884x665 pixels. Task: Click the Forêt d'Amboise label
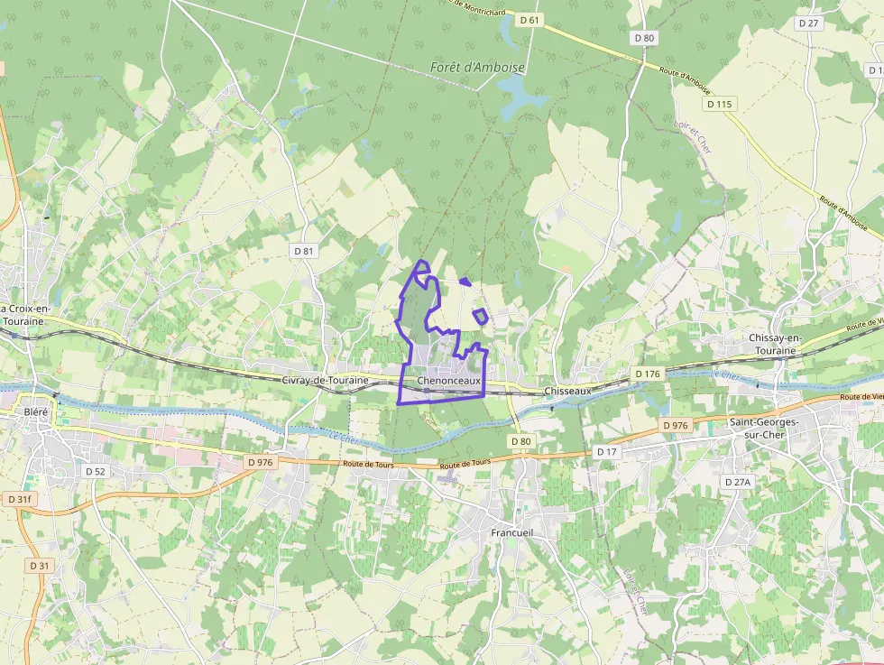[x=477, y=68]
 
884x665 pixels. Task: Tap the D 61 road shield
[x=529, y=19]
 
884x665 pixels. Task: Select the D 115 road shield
[x=720, y=105]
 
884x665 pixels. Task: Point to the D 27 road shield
[x=807, y=23]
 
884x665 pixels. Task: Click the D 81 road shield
[x=304, y=250]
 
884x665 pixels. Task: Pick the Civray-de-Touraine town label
[x=326, y=381]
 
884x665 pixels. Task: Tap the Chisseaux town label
[x=568, y=392]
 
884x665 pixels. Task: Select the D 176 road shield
[x=648, y=374]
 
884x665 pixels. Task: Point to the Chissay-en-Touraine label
[x=775, y=344]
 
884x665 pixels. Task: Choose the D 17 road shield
[x=607, y=451]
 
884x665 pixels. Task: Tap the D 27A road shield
[x=738, y=483]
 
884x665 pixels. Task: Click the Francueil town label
[x=512, y=532]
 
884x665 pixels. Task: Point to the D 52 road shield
[x=95, y=471]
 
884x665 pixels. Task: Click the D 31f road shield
[x=19, y=499]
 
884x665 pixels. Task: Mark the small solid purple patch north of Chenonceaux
[x=465, y=282]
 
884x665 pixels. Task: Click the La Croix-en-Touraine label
[x=24, y=315]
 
